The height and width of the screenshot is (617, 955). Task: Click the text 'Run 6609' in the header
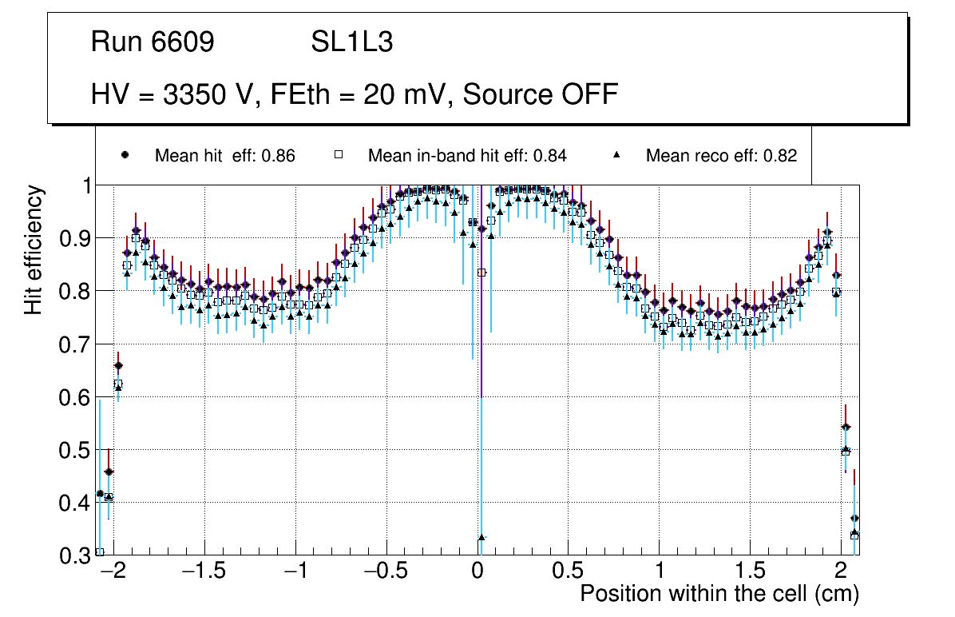(x=153, y=42)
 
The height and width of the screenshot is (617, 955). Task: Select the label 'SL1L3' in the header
(x=351, y=42)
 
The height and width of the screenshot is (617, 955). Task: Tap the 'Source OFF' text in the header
(x=541, y=94)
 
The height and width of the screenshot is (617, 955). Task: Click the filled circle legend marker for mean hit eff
(x=125, y=155)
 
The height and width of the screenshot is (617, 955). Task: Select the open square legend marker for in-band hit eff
(x=338, y=155)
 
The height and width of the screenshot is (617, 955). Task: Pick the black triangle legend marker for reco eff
(x=617, y=155)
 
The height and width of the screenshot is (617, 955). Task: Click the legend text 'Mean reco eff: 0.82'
(x=721, y=156)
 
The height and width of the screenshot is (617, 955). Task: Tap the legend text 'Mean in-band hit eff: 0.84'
(x=467, y=156)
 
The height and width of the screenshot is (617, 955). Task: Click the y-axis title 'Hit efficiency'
(x=34, y=249)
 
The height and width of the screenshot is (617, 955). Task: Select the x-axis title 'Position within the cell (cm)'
(x=719, y=594)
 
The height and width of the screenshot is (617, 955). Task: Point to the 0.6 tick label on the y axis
(x=75, y=397)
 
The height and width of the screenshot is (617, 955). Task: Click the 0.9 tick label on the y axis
(x=75, y=238)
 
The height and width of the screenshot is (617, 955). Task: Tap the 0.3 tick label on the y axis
(x=75, y=555)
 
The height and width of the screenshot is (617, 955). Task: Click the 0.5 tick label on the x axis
(x=568, y=572)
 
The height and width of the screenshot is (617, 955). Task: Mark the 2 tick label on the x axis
(x=840, y=572)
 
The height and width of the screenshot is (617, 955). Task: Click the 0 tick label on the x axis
(x=477, y=572)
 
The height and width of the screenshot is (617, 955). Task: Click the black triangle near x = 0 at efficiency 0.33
(x=481, y=538)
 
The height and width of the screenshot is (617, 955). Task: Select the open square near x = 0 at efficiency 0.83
(x=481, y=273)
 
